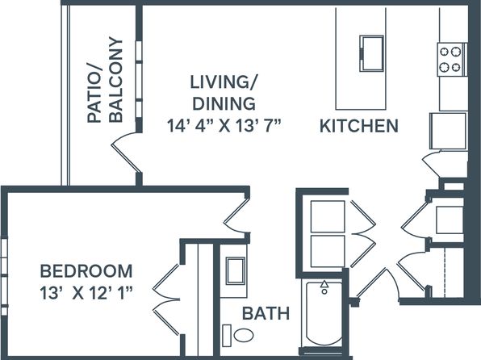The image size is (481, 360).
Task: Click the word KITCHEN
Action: pyautogui.click(x=359, y=126)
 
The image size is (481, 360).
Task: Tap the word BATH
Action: pyautogui.click(x=266, y=313)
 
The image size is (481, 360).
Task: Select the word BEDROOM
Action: pyautogui.click(x=86, y=271)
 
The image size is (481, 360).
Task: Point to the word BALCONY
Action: pyautogui.click(x=116, y=80)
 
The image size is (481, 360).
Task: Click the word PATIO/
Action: pyautogui.click(x=94, y=94)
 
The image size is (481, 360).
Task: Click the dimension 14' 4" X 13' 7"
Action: pyautogui.click(x=224, y=126)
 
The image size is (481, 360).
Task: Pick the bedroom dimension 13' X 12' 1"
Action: pyautogui.click(x=86, y=293)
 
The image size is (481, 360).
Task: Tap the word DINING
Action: pyautogui.click(x=224, y=103)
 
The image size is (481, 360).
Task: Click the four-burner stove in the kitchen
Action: pyautogui.click(x=452, y=60)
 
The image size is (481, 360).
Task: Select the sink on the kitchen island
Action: pyautogui.click(x=371, y=54)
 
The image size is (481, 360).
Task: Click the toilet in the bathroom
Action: pyautogui.click(x=238, y=335)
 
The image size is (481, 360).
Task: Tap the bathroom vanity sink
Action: pyautogui.click(x=236, y=271)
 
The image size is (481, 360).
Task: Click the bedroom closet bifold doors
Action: pyautogui.click(x=166, y=299)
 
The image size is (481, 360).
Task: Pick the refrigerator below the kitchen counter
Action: pyautogui.click(x=448, y=131)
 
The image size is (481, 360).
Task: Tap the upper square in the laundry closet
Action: pyautogui.click(x=328, y=216)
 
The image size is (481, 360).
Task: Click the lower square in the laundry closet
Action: pyautogui.click(x=328, y=251)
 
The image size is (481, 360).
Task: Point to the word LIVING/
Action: pyautogui.click(x=224, y=82)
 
